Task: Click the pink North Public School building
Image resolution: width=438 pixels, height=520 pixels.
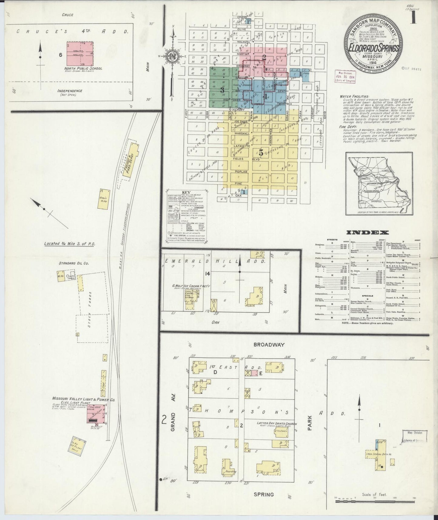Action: pos(80,53)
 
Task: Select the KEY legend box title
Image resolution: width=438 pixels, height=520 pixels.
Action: pos(185,193)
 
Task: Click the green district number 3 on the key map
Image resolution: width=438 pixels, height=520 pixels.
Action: pos(222,90)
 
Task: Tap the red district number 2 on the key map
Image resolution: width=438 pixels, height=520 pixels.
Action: pos(264,57)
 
